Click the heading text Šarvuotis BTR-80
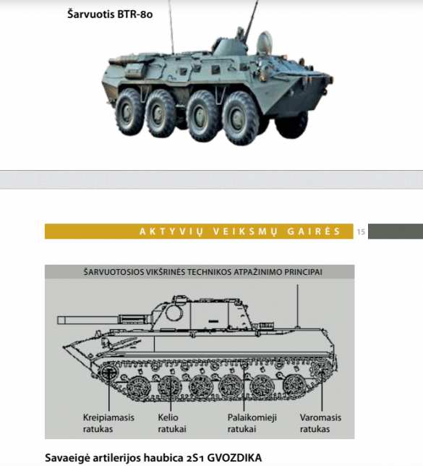[110, 14]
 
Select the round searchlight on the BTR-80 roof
[264, 43]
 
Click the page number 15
[361, 232]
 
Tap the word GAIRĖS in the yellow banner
[314, 232]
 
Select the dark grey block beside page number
[396, 232]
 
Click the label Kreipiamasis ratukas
[108, 423]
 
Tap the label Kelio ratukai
[172, 423]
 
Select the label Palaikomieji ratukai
[252, 423]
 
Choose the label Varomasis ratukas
[320, 423]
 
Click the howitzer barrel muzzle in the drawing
[61, 320]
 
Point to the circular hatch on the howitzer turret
[174, 313]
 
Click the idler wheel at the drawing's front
[108, 372]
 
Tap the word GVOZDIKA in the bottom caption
[234, 457]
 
